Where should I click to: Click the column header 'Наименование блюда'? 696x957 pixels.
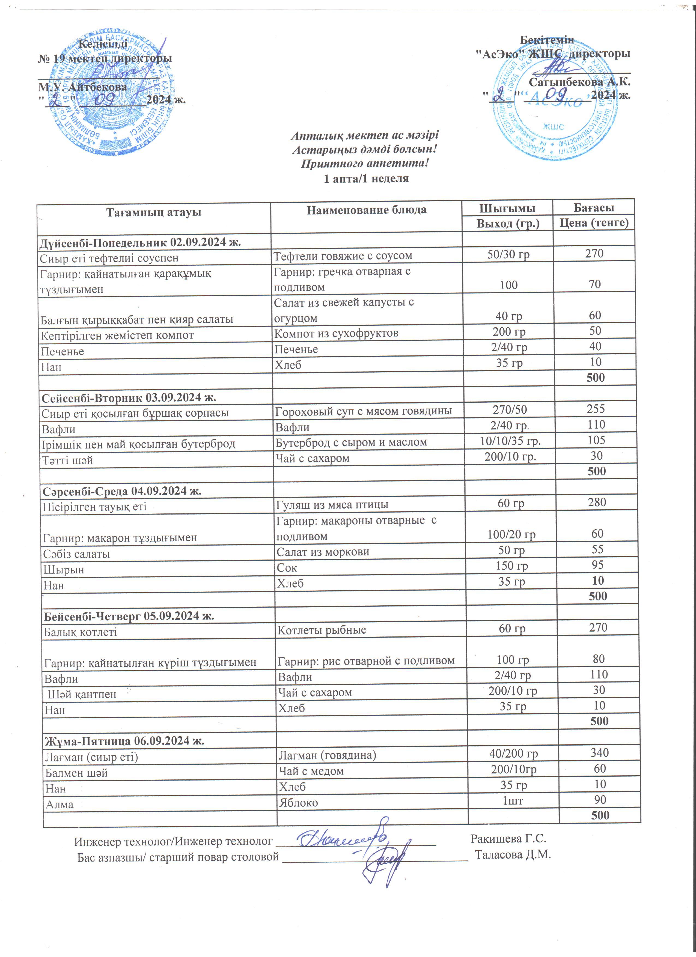[x=366, y=210]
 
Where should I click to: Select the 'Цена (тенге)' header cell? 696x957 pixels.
[x=594, y=223]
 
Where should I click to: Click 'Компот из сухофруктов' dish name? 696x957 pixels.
[x=336, y=333]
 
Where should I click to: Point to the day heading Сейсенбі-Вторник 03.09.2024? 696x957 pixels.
[x=129, y=397]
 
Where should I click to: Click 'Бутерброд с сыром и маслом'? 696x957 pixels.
[x=351, y=442]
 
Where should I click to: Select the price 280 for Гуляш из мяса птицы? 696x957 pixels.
[x=596, y=503]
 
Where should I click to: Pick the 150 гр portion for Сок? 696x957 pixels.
[x=511, y=566]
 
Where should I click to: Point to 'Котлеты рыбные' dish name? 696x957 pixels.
[x=322, y=630]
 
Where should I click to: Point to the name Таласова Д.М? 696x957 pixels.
[x=513, y=855]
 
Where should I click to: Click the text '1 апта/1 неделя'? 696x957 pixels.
[x=366, y=178]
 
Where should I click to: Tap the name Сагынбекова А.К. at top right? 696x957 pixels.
[x=579, y=82]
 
